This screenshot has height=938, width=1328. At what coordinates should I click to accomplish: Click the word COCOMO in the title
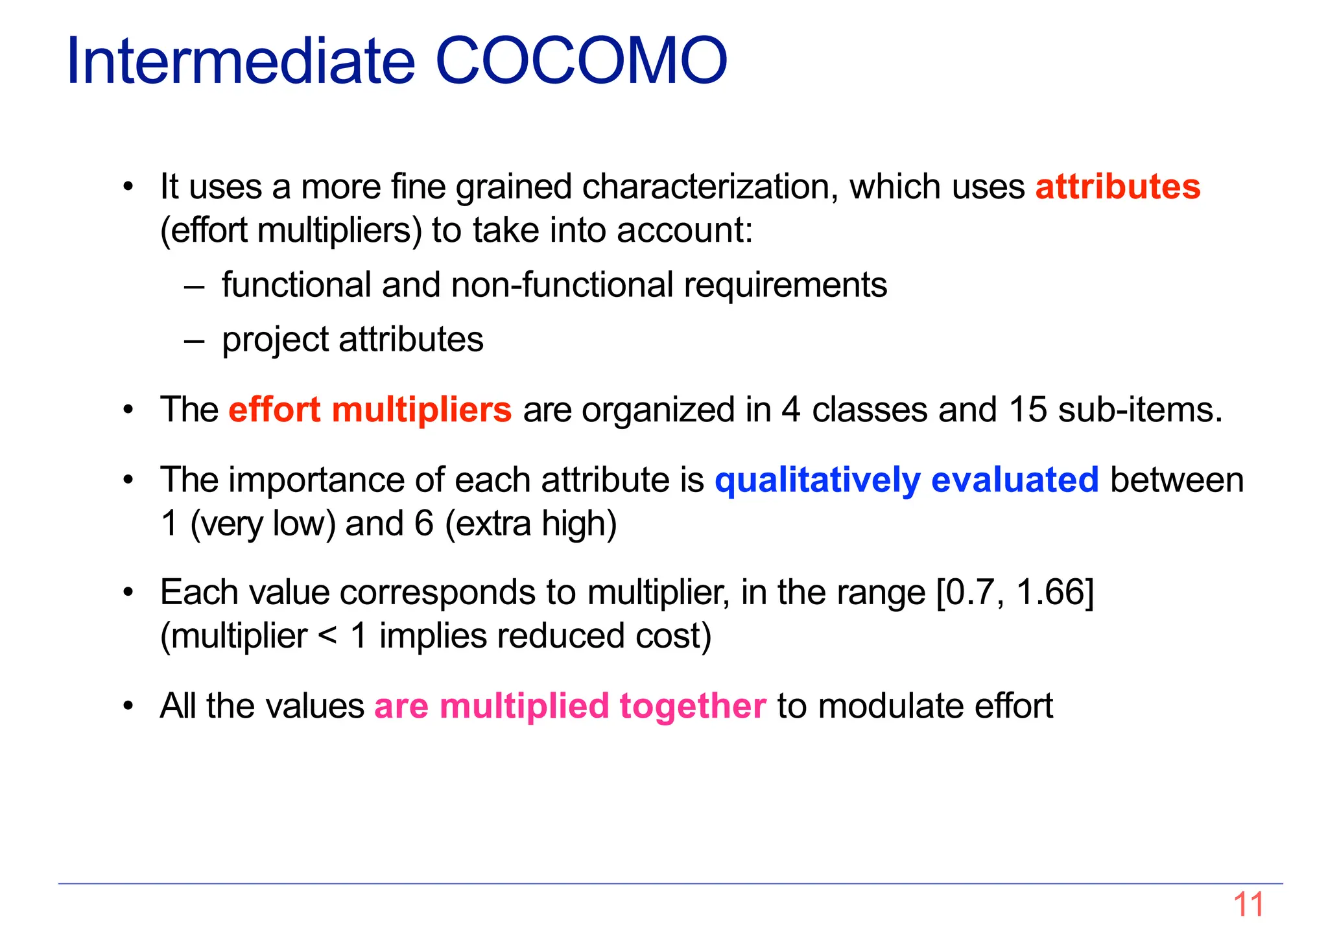(x=582, y=61)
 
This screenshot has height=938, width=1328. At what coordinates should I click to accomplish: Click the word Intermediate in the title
(x=240, y=61)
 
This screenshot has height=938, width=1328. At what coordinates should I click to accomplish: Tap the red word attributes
(x=1117, y=187)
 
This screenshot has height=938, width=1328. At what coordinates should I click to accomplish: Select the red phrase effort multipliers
(x=370, y=410)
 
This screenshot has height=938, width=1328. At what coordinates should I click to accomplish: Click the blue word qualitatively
(x=817, y=480)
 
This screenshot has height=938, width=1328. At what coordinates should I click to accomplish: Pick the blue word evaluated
(x=1014, y=480)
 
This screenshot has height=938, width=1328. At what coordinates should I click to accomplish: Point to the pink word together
(x=693, y=706)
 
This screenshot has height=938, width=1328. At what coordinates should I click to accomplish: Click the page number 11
(x=1248, y=905)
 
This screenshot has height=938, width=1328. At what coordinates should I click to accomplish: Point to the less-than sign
(x=327, y=636)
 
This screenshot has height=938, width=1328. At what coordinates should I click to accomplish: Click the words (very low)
(x=263, y=524)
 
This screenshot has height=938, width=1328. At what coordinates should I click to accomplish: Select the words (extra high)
(x=530, y=524)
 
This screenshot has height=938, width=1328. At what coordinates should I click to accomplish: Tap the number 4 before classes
(x=791, y=410)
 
